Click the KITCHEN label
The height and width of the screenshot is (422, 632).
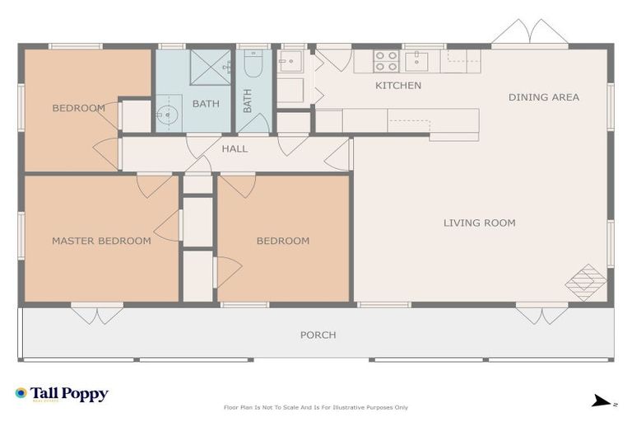click(398, 86)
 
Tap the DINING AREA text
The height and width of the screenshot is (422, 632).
click(543, 97)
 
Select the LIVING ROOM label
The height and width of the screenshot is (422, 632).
click(479, 223)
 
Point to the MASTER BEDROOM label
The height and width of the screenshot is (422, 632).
click(101, 241)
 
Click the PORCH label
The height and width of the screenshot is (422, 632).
click(318, 335)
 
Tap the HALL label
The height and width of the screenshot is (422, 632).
click(235, 149)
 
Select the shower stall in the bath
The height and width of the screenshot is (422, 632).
click(211, 68)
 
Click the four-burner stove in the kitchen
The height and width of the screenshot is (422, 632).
click(387, 61)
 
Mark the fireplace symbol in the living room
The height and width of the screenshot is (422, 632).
click(585, 282)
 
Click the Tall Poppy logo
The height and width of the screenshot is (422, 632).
click(62, 394)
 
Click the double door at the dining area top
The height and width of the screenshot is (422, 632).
click(530, 33)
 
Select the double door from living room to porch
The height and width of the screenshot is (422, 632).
click(541, 314)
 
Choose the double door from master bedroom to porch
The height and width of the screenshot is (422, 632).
click(96, 314)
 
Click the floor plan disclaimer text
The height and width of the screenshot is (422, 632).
click(316, 407)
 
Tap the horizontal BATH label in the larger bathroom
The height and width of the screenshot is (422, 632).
click(206, 104)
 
